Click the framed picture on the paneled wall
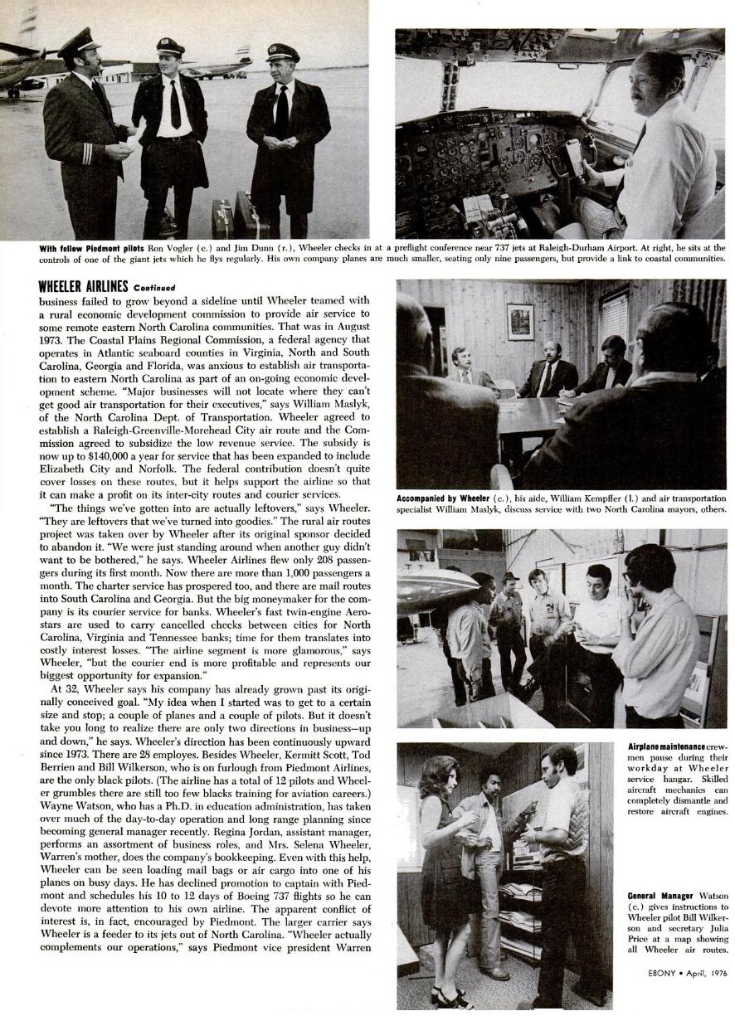pos(520,321)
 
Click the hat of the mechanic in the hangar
pos(509,576)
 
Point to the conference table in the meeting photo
pos(531,415)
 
